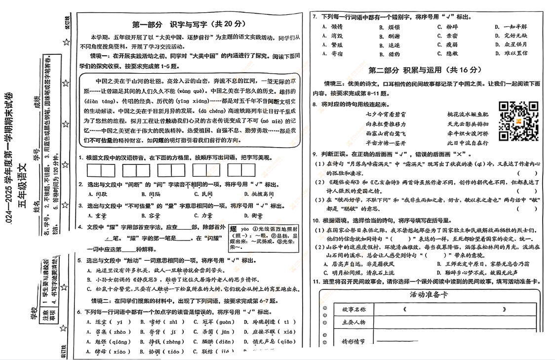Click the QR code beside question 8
(x=518, y=121)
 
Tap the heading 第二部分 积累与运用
(x=425, y=70)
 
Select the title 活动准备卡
(x=428, y=295)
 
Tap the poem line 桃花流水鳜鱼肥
(x=468, y=115)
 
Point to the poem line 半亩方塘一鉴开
(x=386, y=143)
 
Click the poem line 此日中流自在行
(x=468, y=143)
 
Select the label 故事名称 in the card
(x=354, y=310)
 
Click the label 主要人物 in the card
(x=354, y=322)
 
